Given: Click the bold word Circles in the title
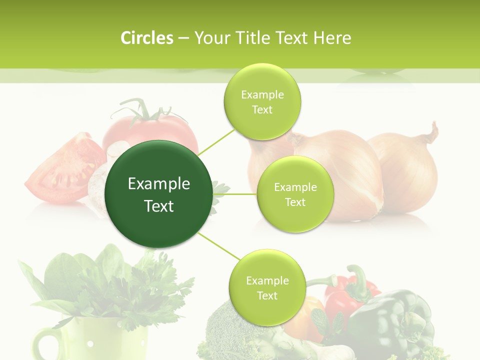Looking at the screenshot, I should (x=146, y=38).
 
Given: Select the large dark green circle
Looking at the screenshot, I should (x=158, y=194).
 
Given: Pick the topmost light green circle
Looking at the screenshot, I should (x=262, y=101).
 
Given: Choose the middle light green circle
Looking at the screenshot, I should (x=295, y=194).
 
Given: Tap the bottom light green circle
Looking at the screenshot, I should (x=266, y=287).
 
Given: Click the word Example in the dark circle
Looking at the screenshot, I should (x=158, y=184).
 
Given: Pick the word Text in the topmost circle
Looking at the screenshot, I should (x=262, y=109).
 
